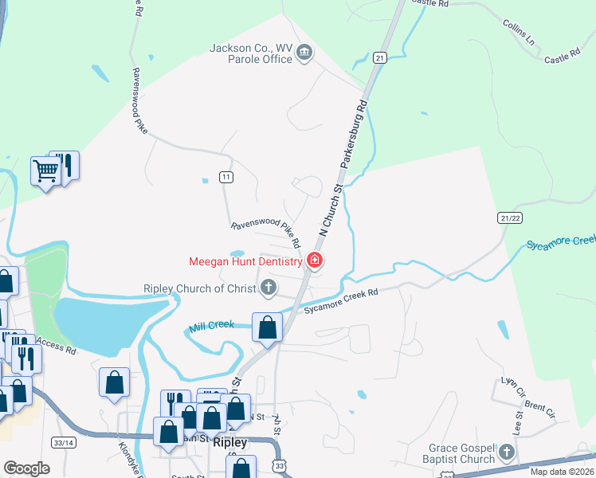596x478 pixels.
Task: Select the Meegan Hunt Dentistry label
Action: pos(245,261)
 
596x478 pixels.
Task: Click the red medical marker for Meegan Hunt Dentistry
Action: pos(315,261)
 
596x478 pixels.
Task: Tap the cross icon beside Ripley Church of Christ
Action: pos(269,288)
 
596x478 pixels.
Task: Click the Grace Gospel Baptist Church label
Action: pos(461,453)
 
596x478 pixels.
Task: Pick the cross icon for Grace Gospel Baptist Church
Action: pos(506,453)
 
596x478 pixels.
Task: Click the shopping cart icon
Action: pos(45,170)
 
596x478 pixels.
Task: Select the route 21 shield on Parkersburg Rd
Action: pos(380,57)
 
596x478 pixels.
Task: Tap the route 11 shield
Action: pos(226,176)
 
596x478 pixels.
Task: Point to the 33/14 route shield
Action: pos(63,442)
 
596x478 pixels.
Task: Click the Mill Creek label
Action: pos(211,326)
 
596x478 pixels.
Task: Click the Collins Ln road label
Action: pos(519,31)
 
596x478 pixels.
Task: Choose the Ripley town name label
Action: pos(229,443)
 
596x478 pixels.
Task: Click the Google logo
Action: pos(26,468)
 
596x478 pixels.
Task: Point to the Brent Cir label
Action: pos(540,410)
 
